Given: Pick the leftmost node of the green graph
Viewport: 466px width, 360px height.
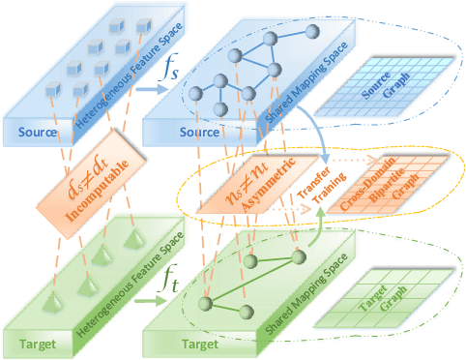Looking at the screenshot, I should pos(204,304).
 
